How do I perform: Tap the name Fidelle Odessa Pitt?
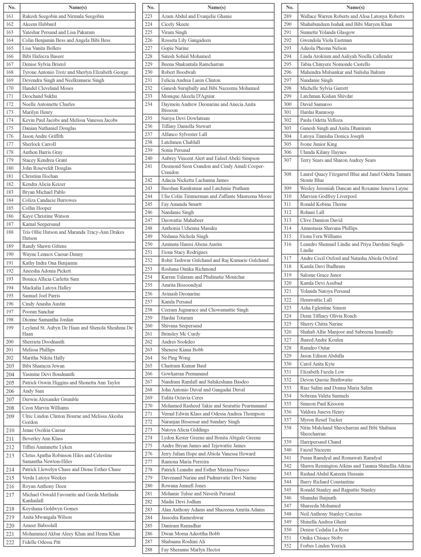pyautogui.click(x=41, y=542)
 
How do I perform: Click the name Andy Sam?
pyautogui.click(x=33, y=391)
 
